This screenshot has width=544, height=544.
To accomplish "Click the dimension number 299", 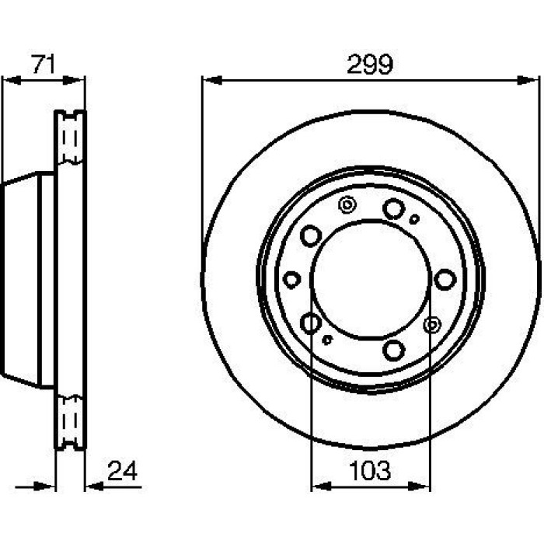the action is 370,65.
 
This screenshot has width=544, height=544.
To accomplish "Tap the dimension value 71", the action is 44,65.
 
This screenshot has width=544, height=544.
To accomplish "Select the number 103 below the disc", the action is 370,471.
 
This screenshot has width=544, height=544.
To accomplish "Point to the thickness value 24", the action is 123,470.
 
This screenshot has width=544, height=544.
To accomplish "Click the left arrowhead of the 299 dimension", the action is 211,81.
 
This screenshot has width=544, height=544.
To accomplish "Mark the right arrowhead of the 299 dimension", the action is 528,81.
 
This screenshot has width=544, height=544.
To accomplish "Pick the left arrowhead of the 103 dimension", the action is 322,486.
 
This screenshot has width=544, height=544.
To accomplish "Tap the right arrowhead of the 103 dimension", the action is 419,486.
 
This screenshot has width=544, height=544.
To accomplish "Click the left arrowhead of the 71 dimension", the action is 12,81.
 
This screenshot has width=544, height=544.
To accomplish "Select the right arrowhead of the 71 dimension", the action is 74,81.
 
